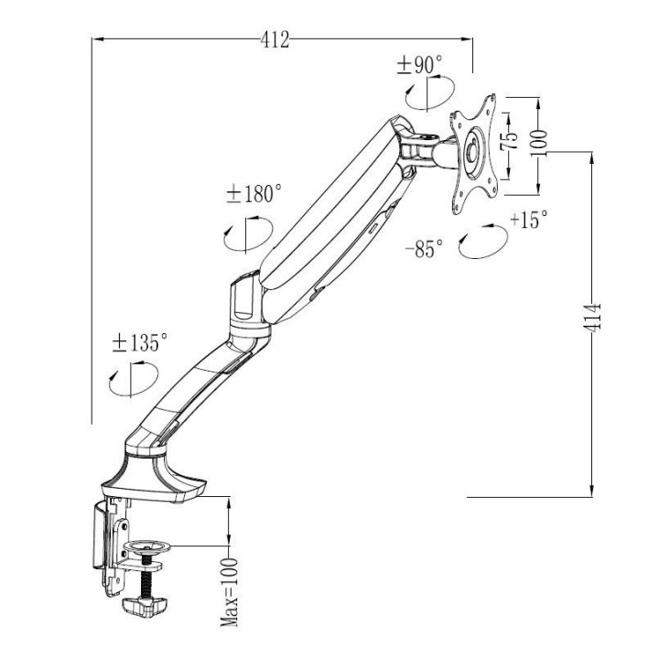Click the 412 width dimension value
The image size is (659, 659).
click(x=275, y=39)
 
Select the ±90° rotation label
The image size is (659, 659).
click(x=419, y=65)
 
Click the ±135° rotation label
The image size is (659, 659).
click(x=139, y=343)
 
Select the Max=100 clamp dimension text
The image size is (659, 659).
click(x=229, y=592)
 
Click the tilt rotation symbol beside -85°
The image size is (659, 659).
click(x=482, y=243)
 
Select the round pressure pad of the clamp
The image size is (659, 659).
click(x=150, y=547)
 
